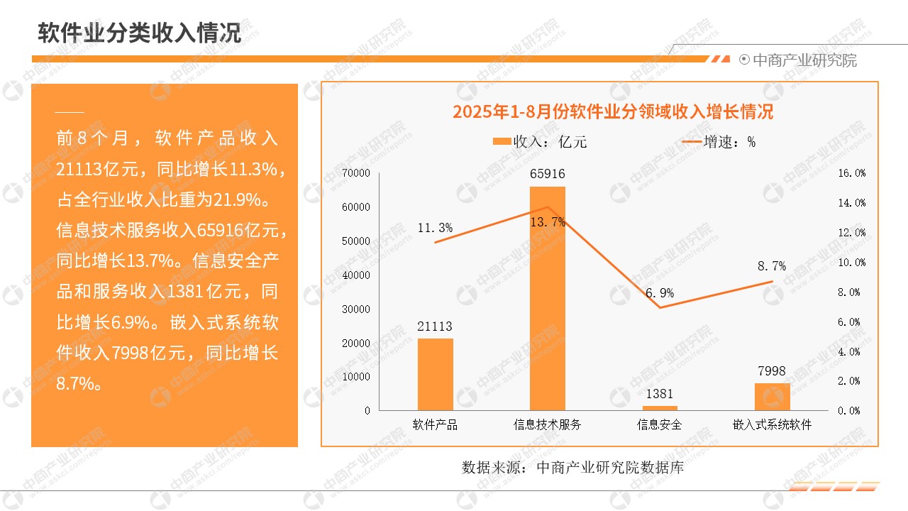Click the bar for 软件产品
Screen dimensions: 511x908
435,374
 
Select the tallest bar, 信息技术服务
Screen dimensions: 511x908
548,298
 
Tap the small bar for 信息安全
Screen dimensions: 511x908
660,408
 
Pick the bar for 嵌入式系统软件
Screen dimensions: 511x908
772,397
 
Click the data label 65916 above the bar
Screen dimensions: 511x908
548,174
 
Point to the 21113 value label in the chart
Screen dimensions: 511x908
435,326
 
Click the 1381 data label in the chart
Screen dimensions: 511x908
660,394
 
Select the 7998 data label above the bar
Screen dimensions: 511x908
772,371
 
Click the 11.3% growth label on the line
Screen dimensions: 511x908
435,228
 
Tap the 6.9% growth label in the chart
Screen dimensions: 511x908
660,293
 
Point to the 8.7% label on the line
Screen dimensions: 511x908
772,266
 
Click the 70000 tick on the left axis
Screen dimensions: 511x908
356,173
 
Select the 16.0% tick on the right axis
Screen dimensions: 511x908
851,173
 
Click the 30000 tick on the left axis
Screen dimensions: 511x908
356,309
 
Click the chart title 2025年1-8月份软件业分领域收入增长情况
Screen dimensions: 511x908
613,112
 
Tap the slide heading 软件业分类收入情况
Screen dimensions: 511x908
139,33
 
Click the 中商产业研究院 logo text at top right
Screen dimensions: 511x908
804,60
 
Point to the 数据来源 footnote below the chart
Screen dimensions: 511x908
572,468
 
